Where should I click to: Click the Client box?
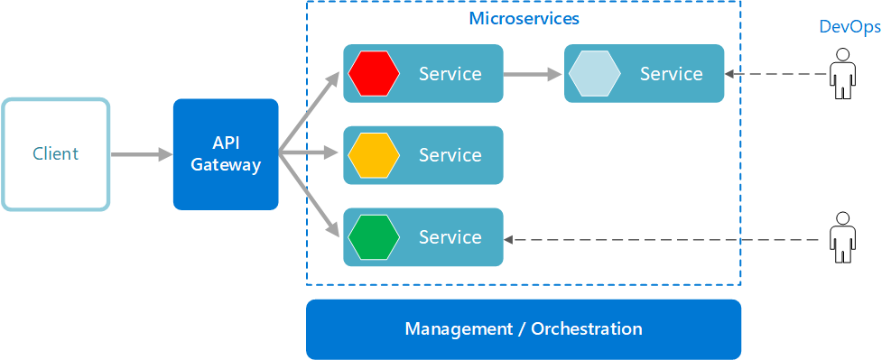tap(55, 154)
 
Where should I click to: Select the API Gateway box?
tap(226, 154)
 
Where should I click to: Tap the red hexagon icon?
tap(374, 73)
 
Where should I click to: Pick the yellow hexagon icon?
tap(374, 155)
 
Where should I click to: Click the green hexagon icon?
tap(374, 237)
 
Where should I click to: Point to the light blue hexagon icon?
tap(594, 73)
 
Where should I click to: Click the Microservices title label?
tap(524, 18)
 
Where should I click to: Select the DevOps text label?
tap(849, 27)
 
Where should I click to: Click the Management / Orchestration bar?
tap(524, 328)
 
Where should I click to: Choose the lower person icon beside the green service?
tap(842, 237)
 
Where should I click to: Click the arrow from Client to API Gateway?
tap(141, 155)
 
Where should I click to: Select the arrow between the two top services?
tap(533, 74)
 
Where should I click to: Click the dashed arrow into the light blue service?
tap(776, 75)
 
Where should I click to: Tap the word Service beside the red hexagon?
tap(450, 74)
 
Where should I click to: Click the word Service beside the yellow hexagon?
tap(450, 155)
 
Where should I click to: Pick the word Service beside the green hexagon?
tap(450, 237)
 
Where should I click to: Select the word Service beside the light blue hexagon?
tap(671, 74)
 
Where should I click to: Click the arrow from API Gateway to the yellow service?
tap(311, 155)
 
